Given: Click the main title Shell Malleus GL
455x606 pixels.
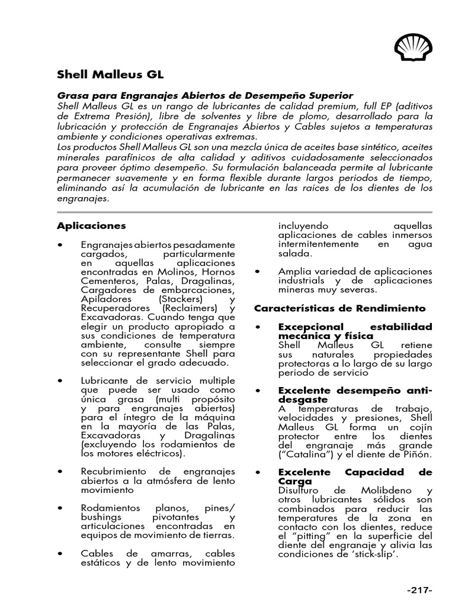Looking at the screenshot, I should point(110,75).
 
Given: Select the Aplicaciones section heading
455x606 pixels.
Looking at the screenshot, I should point(91,225).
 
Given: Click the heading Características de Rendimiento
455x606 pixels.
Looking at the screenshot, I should point(339,308).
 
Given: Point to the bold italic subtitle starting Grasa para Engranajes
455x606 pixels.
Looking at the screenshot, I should point(204,95).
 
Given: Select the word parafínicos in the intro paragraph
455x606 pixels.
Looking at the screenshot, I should point(117,157).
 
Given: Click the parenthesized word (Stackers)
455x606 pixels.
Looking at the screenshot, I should point(172,299).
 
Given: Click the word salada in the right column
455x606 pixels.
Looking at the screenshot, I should point(294,253).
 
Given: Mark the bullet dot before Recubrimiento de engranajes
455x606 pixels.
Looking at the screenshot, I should point(60,471).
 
